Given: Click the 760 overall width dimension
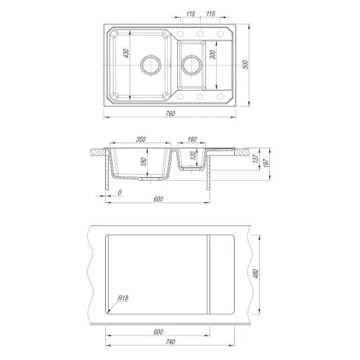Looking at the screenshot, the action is click(170, 113).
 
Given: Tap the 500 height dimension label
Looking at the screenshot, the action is click(246, 64).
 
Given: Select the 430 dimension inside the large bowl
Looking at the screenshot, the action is click(126, 53).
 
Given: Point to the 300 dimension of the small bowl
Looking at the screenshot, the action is click(213, 55).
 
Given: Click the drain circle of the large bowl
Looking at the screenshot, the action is click(150, 65).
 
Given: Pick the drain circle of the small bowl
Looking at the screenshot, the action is click(192, 65).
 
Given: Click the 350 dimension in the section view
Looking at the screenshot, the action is click(140, 139).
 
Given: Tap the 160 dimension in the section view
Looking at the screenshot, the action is click(192, 139).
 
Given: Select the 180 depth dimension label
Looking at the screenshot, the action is click(143, 161).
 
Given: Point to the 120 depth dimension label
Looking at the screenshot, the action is click(193, 155).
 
